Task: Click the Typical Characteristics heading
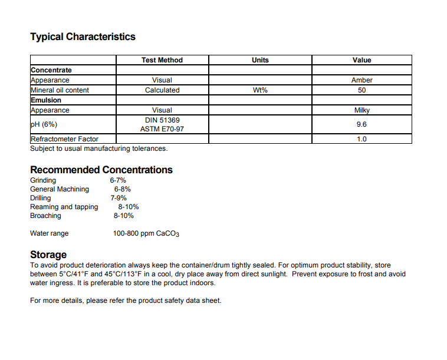83,37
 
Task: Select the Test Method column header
162,60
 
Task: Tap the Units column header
260,60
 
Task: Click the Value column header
361,60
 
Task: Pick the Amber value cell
361,80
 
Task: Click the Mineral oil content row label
60,90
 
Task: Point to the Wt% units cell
260,90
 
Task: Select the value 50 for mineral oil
361,90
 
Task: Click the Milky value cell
361,110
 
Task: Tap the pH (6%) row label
44,124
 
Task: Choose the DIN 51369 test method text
162,120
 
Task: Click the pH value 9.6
361,124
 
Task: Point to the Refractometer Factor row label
64,139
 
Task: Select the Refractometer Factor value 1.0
361,139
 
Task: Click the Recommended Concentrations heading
101,170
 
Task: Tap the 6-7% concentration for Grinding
118,180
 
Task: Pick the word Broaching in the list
45,216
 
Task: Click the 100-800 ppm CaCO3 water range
146,234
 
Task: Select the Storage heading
48,255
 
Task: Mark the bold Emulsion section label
46,100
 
